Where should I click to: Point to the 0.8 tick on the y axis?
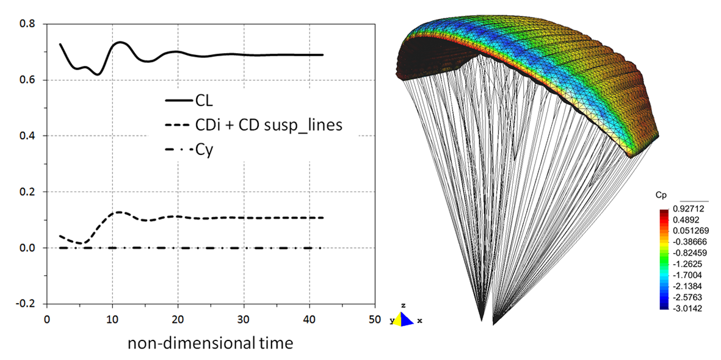28,24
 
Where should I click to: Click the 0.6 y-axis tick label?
28,80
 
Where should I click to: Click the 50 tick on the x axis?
375,319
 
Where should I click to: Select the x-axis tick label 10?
112,319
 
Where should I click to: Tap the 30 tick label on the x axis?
244,319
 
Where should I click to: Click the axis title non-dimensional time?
210,343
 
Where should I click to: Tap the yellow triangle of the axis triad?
397,319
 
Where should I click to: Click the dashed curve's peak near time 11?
119,212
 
